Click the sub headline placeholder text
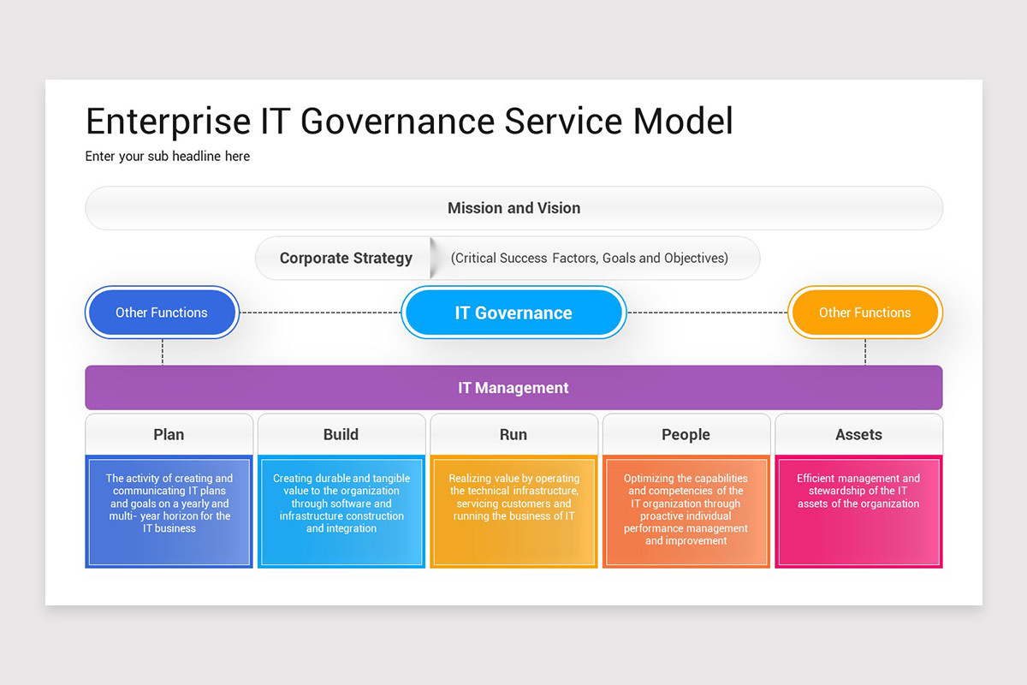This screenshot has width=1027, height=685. (168, 157)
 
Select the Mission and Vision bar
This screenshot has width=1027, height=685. (513, 208)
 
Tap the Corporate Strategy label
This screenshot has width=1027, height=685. (346, 259)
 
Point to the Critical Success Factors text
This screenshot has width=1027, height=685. (589, 259)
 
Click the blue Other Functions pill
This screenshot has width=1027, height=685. (162, 313)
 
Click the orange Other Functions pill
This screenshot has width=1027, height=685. (864, 313)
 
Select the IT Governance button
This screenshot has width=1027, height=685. (513, 313)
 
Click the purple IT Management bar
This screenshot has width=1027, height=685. (513, 388)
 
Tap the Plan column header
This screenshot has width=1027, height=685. (169, 435)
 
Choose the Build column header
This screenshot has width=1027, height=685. (341, 435)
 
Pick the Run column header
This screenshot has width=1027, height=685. (513, 435)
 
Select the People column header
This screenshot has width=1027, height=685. (686, 435)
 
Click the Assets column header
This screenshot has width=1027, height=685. (858, 435)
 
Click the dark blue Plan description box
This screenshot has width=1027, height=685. (169, 511)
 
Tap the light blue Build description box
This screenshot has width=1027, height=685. (341, 511)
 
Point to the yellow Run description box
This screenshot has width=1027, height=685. (513, 511)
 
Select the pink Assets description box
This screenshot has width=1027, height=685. (858, 511)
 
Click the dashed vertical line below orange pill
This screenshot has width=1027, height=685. (865, 352)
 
